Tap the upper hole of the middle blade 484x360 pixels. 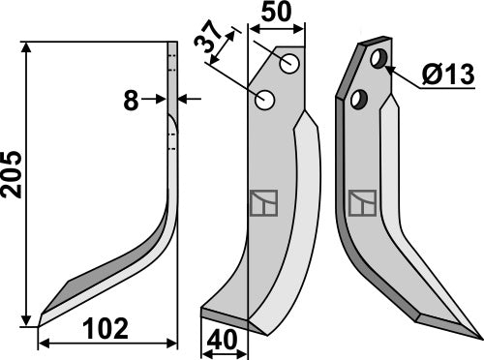(289, 63)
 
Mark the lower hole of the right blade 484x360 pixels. (360, 98)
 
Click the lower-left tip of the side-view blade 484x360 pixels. (41, 319)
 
